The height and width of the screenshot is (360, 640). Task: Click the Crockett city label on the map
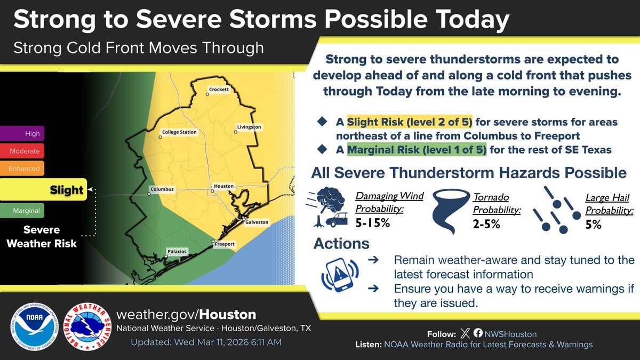point(219,90)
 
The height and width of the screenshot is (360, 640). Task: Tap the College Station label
point(179,132)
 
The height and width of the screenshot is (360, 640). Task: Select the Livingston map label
point(249,127)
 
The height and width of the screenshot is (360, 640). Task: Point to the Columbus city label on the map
point(162,189)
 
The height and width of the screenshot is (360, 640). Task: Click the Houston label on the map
point(223,186)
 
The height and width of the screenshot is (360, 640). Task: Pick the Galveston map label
point(257,221)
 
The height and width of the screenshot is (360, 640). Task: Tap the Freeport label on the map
point(225,244)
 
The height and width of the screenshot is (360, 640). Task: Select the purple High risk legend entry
point(22,133)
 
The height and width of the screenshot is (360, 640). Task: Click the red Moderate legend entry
point(22,151)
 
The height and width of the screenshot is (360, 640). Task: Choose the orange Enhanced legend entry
point(22,169)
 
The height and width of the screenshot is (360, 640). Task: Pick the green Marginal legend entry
point(22,211)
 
